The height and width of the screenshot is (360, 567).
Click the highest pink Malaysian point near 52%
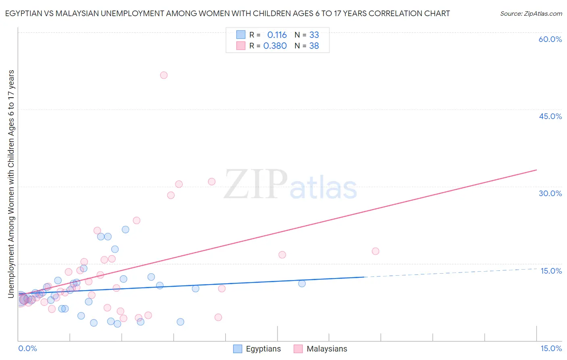pyautogui.click(x=164, y=75)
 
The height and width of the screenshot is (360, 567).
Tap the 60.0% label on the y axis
pyautogui.click(x=550, y=40)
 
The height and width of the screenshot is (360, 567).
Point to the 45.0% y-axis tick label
pyautogui.click(x=550, y=116)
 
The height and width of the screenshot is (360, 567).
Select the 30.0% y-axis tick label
pyautogui.click(x=550, y=193)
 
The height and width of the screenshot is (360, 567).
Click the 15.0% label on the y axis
pyautogui.click(x=551, y=271)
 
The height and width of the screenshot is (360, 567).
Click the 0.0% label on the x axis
pyautogui.click(x=27, y=348)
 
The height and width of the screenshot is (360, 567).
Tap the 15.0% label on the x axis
pyautogui.click(x=551, y=348)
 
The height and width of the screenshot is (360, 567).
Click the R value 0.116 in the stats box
pyautogui.click(x=277, y=35)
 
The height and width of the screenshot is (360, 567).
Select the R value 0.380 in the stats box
pyautogui.click(x=275, y=46)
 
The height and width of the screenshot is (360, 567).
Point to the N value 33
pyautogui.click(x=314, y=35)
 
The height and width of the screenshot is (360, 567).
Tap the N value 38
pyautogui.click(x=314, y=46)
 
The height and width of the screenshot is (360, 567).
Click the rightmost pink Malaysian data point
pyautogui.click(x=375, y=251)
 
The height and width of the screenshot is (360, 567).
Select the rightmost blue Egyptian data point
pyautogui.click(x=302, y=283)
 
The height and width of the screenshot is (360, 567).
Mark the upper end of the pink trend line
pyautogui.click(x=536, y=170)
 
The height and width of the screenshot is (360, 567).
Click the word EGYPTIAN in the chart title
pyautogui.click(x=24, y=14)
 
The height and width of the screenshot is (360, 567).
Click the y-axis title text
pyautogui.click(x=11, y=184)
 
